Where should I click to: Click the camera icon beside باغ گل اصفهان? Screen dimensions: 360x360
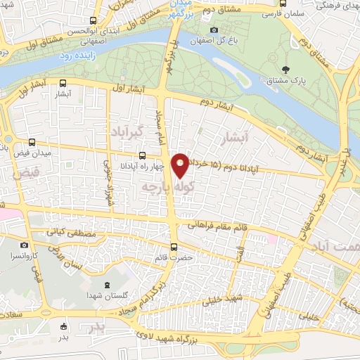coord(214,30)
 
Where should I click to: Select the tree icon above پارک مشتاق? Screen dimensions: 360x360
coord(286,69)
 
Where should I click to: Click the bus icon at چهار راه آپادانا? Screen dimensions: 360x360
coord(143,155)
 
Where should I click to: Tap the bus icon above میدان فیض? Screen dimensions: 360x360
coord(31,142)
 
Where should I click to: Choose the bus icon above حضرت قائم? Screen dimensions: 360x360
coord(174,247)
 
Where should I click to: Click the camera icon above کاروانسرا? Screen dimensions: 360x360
coord(25,245)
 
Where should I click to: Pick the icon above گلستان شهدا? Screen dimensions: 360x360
coord(105,285)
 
